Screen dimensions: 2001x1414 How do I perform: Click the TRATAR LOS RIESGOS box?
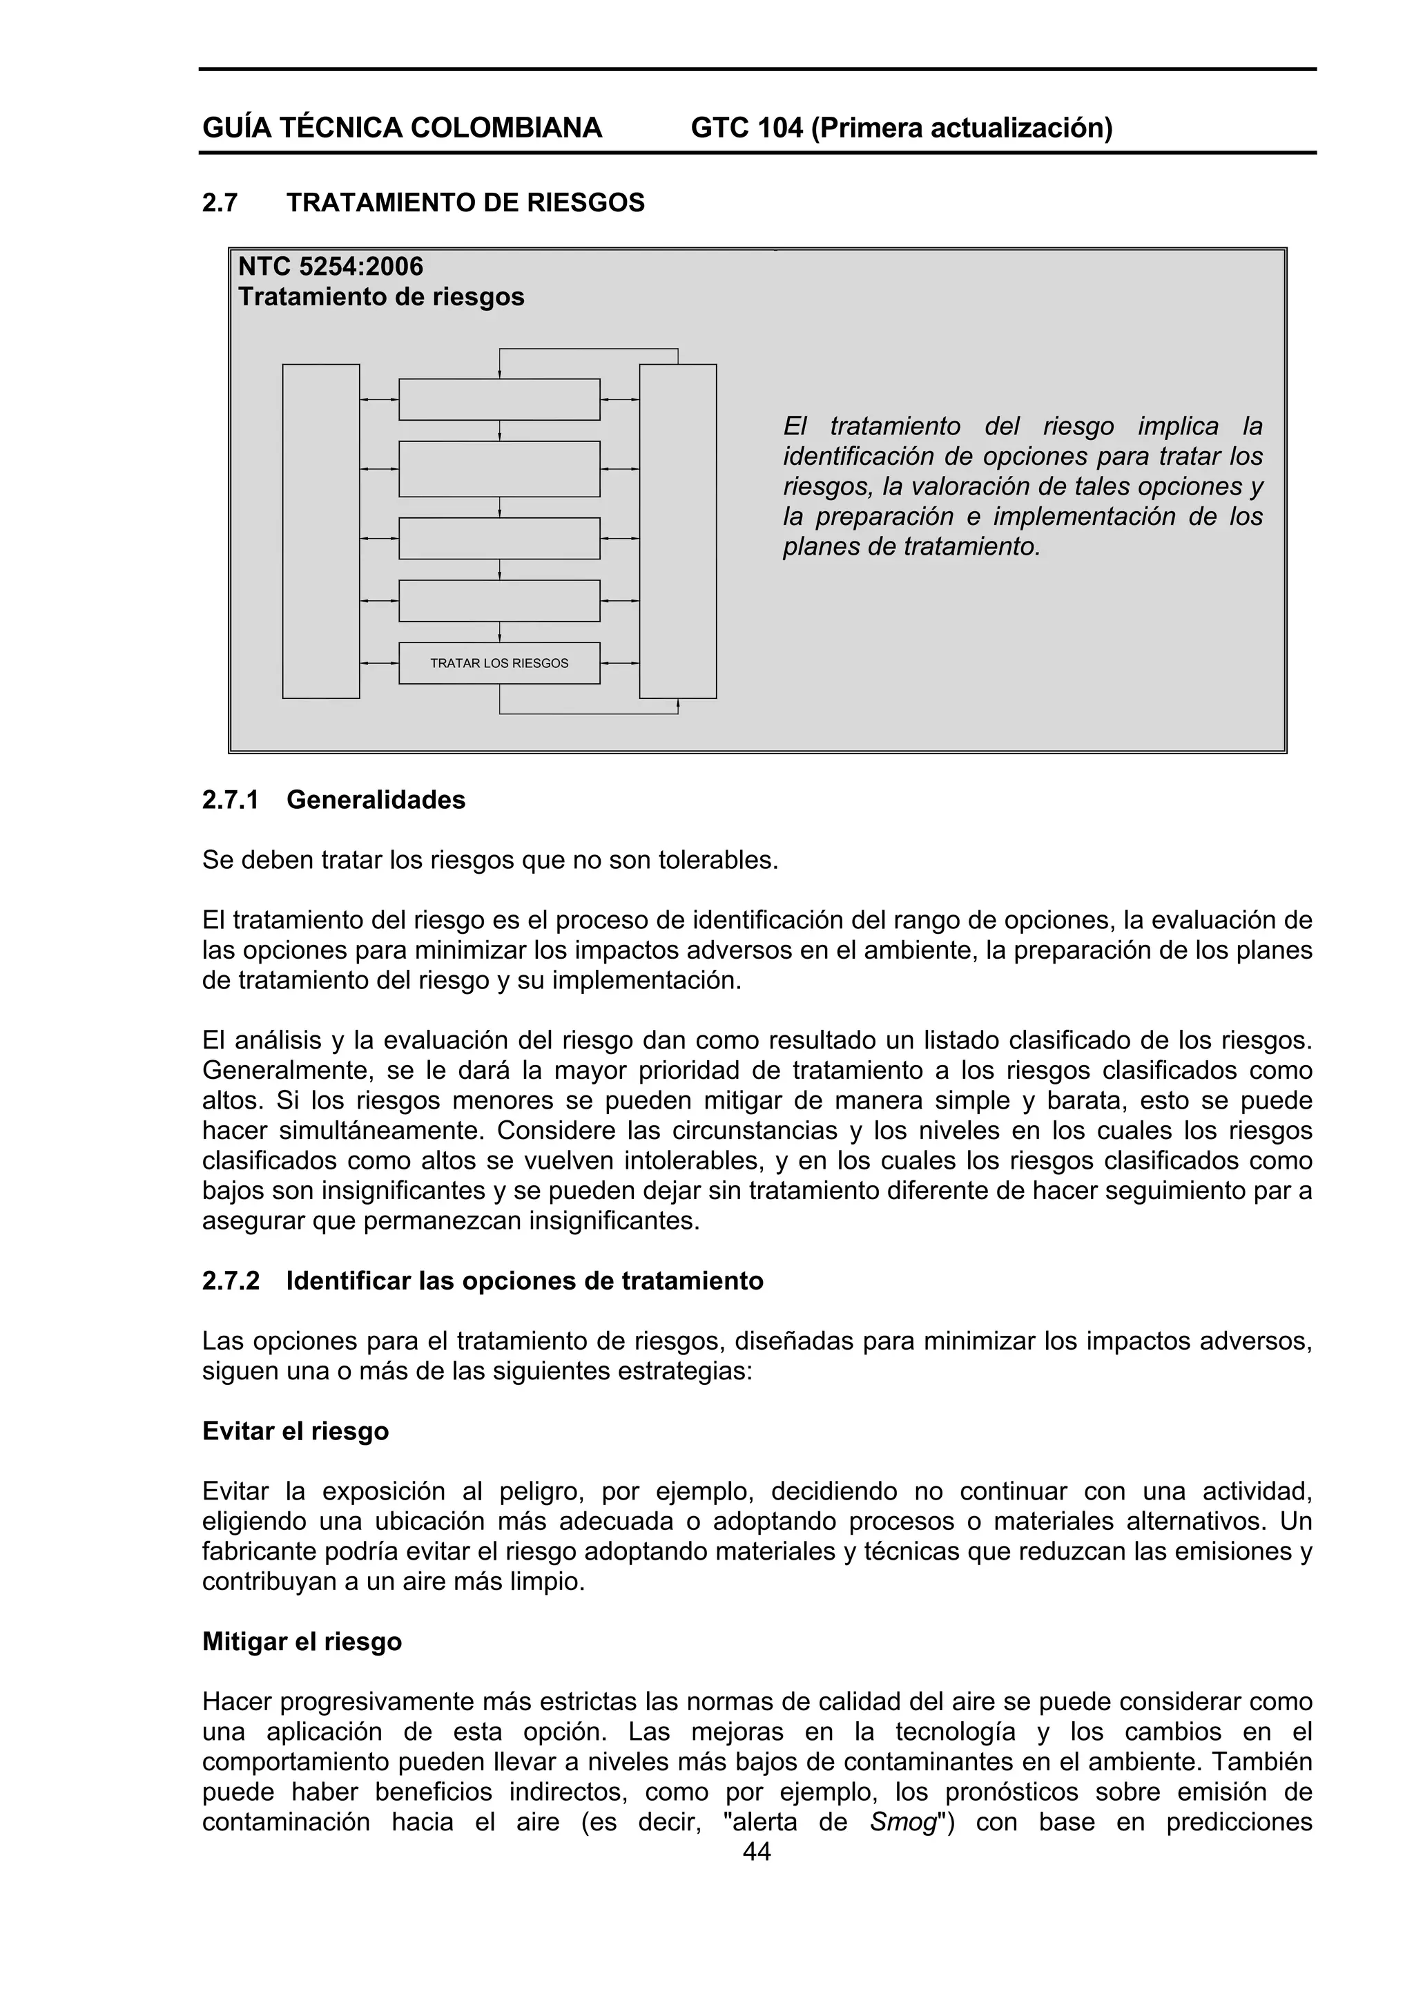tap(499, 663)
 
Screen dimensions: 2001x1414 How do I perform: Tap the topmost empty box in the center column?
tap(499, 400)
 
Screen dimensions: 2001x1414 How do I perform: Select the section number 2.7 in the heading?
tap(220, 203)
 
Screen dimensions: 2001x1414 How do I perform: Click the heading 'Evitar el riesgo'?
tap(296, 1431)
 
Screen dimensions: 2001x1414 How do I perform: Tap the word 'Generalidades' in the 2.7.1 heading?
tap(376, 800)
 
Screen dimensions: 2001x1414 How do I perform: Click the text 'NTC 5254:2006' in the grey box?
tap(331, 266)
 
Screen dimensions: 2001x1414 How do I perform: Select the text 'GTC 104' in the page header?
tap(746, 128)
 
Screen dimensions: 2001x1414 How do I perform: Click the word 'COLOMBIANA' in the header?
tap(506, 128)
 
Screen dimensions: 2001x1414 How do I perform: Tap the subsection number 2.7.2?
tap(231, 1281)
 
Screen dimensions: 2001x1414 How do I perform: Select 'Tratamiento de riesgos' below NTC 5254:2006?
tap(382, 297)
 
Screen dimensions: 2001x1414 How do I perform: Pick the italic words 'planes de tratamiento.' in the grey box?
tap(911, 547)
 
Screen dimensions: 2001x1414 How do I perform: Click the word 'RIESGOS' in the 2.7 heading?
tap(585, 203)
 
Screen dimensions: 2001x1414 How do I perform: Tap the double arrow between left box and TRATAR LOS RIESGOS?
tap(379, 663)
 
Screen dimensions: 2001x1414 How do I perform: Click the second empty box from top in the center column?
tap(499, 469)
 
